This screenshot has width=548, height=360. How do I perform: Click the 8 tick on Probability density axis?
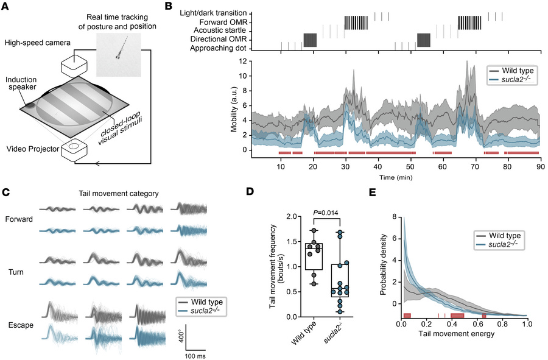point(395,216)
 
